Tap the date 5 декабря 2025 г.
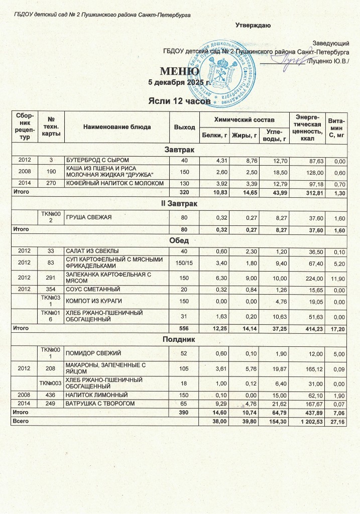coord(179,82)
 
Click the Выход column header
coord(184,127)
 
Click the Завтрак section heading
coord(180,150)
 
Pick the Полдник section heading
coord(180,340)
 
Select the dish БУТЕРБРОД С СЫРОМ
coord(94,160)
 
